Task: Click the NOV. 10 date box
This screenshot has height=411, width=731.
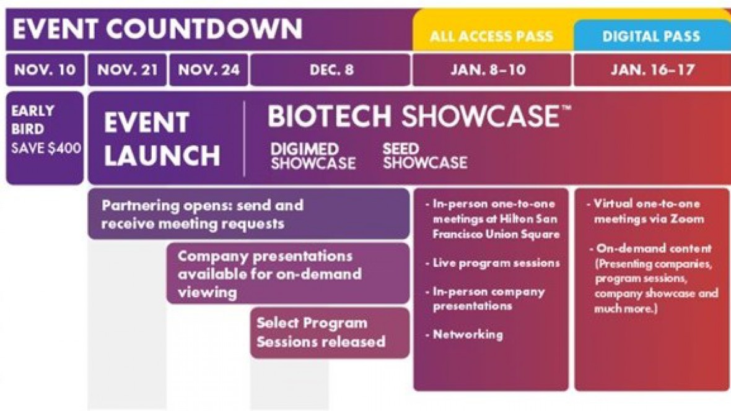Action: tap(45, 70)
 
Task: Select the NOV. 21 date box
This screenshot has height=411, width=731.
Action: tap(127, 70)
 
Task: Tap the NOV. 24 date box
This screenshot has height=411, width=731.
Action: tap(208, 70)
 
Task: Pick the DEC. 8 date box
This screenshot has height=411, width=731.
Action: tap(331, 70)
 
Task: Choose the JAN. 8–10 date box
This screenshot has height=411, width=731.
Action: tap(492, 70)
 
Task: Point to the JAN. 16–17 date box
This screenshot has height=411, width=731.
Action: tap(652, 70)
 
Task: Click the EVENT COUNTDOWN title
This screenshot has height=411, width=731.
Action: tap(157, 28)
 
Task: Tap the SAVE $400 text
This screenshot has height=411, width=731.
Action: tap(46, 148)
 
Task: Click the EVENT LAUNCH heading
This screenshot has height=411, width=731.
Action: tap(162, 139)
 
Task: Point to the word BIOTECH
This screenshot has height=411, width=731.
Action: tap(329, 116)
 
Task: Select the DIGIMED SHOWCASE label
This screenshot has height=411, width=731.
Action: tap(313, 155)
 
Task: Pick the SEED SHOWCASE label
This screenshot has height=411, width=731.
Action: tap(425, 155)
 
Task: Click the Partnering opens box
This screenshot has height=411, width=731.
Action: tap(249, 214)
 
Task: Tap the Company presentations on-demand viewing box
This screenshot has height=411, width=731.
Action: tap(288, 274)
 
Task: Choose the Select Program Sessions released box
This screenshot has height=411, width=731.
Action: tap(330, 333)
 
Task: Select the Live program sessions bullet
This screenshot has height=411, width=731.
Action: tap(492, 263)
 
